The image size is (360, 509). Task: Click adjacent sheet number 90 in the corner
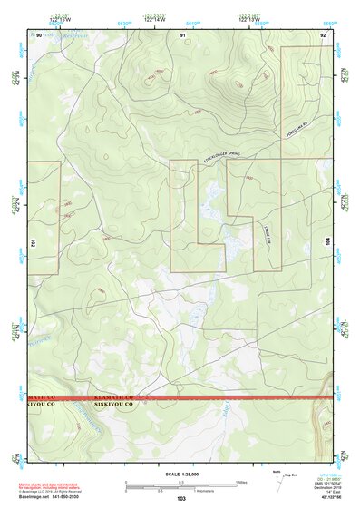pos(37,34)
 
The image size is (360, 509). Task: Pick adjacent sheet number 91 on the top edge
pos(182,34)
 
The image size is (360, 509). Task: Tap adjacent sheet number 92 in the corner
pos(323,34)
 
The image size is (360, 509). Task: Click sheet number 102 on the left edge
pos(31,243)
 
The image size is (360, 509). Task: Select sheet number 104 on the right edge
pos(328,243)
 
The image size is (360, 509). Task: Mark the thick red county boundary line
pos(227,397)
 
